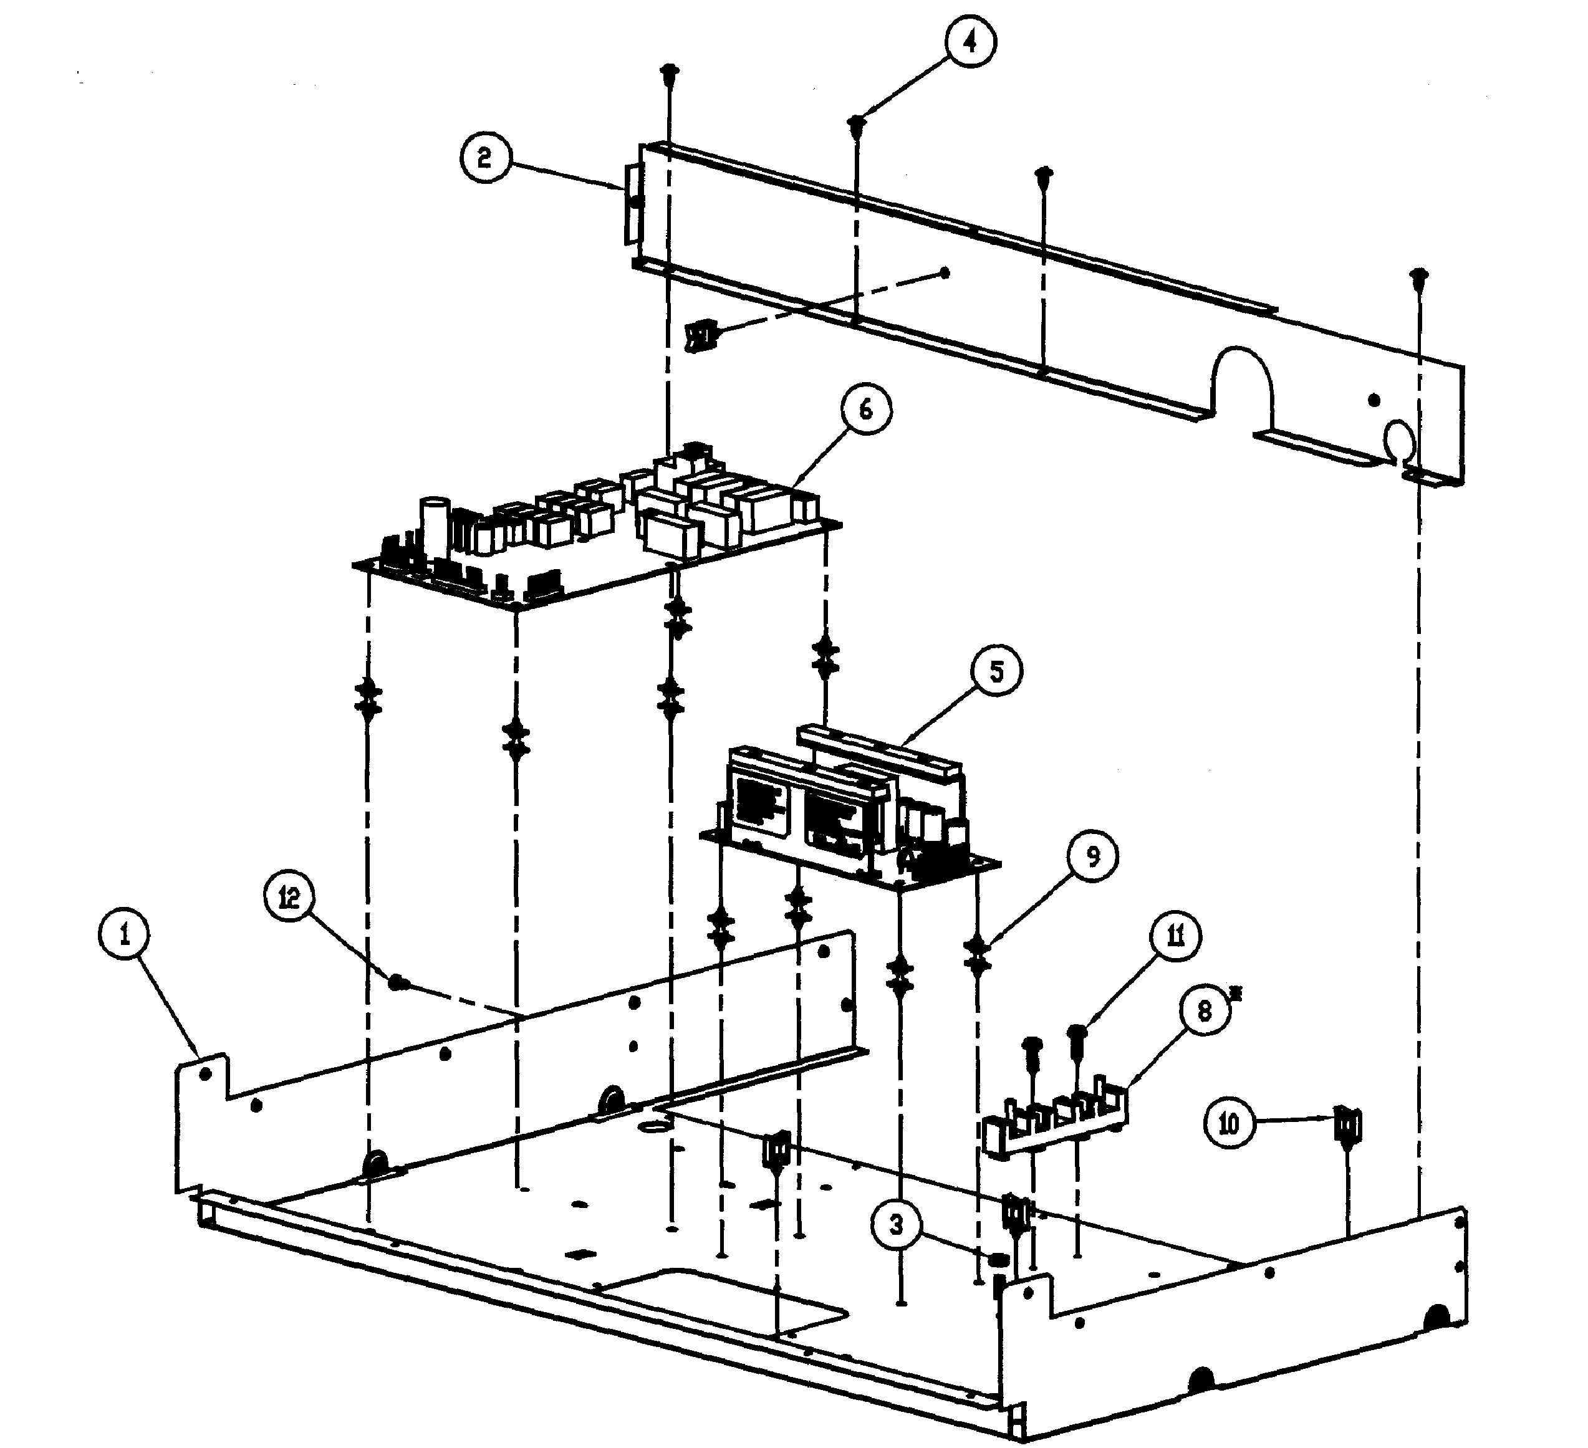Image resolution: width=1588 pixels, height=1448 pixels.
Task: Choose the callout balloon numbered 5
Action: (996, 671)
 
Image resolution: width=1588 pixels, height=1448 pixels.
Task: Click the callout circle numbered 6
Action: (865, 410)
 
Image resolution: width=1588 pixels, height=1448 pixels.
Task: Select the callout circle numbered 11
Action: (1175, 936)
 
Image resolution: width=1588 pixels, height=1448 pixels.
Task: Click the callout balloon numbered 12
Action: (290, 897)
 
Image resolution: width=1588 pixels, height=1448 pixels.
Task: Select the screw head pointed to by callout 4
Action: (856, 123)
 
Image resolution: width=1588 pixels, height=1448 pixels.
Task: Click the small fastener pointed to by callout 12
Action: (398, 982)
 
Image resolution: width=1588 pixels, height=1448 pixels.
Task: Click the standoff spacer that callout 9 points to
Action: (978, 952)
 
